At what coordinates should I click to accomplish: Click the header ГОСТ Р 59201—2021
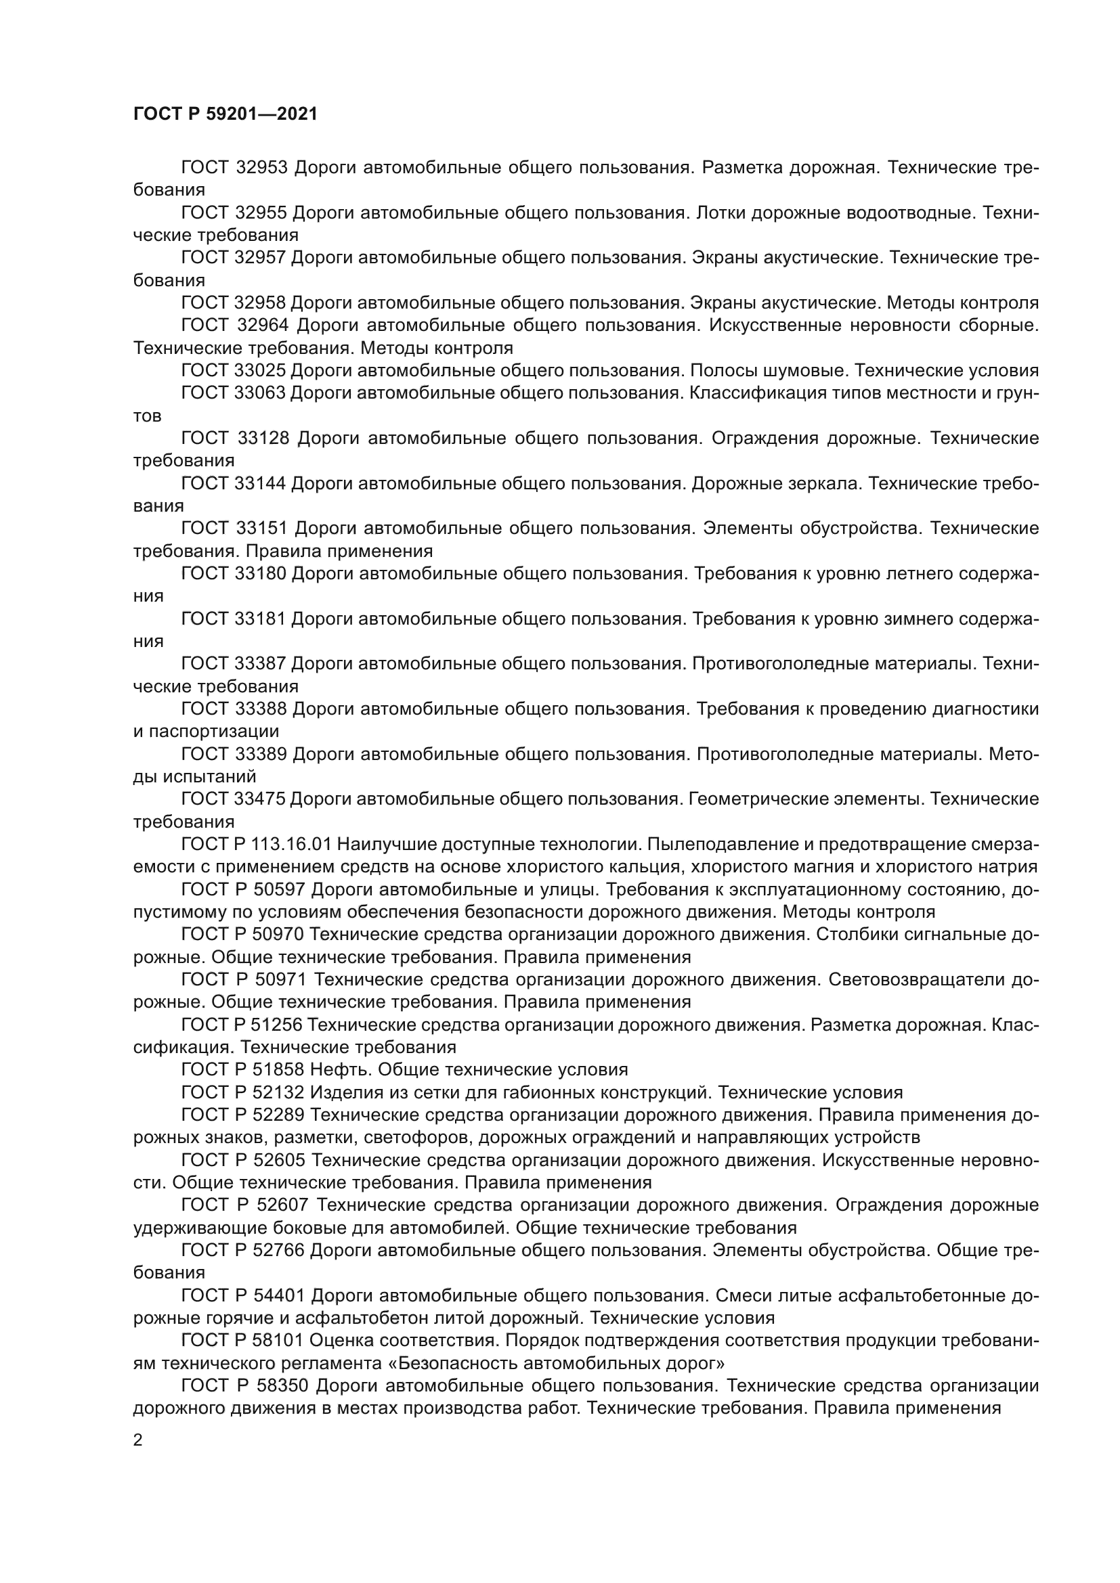click(225, 114)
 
